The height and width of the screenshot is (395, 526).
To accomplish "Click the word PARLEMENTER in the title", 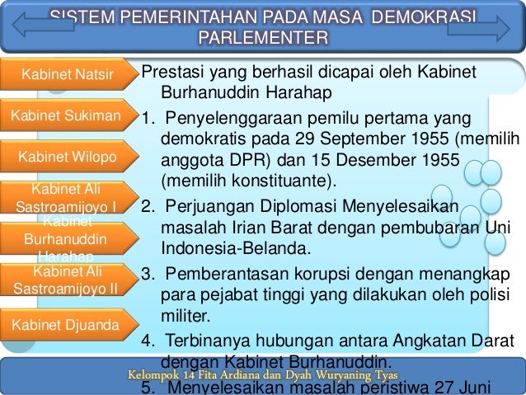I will (263, 39).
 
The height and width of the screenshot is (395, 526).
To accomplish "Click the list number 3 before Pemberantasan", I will (146, 274).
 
